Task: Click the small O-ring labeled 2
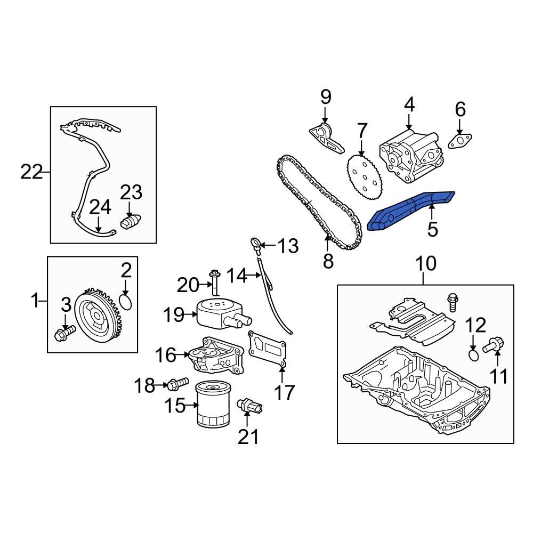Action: click(x=126, y=302)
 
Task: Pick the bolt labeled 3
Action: click(x=64, y=332)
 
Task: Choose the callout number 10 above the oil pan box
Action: click(x=425, y=263)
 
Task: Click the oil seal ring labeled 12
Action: click(x=473, y=355)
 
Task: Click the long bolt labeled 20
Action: click(x=214, y=282)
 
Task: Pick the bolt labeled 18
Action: click(x=177, y=384)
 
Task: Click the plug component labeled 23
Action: click(x=131, y=221)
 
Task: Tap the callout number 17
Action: click(x=284, y=392)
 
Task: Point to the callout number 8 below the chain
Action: click(x=328, y=261)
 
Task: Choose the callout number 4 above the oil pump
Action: click(x=409, y=104)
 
